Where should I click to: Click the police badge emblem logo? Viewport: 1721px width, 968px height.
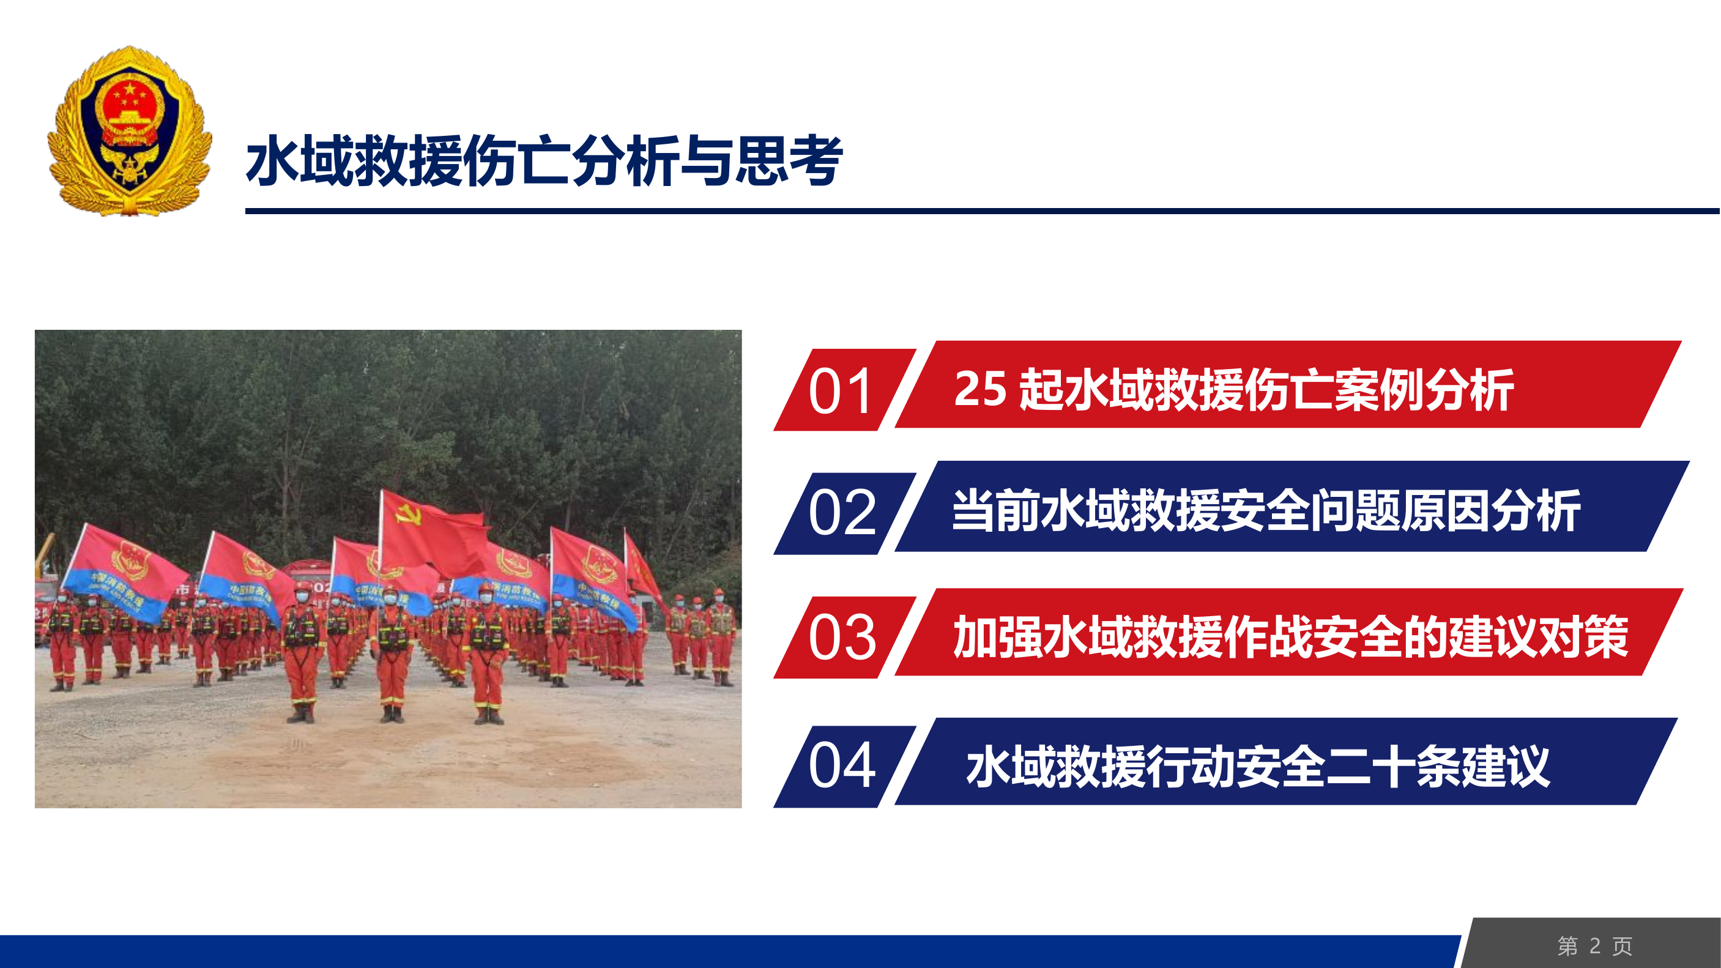130,131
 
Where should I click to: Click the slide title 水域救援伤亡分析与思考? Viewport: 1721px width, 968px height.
544,160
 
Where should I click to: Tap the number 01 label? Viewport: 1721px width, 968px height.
840,391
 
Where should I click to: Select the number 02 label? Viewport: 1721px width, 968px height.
841,513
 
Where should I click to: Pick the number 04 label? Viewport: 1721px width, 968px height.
841,765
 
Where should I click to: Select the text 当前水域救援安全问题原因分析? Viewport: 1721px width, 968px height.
1266,511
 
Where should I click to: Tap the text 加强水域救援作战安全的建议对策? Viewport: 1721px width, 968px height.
1290,636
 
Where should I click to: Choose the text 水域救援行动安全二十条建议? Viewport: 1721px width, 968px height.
1257,765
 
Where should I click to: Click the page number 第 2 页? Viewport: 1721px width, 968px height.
1595,946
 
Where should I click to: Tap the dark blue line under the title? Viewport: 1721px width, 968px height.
982,211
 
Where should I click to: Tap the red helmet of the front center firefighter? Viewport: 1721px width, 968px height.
390,591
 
